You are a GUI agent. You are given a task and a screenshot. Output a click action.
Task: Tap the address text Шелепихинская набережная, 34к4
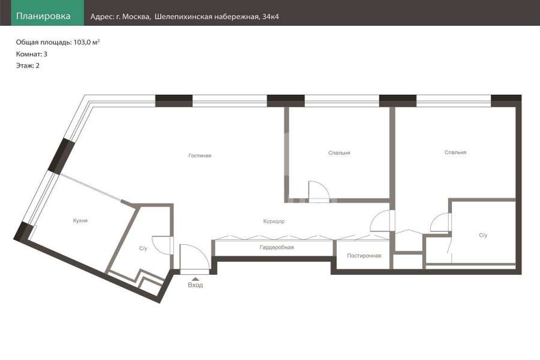[x=217, y=17]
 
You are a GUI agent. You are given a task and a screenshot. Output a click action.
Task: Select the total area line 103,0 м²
[x=58, y=43]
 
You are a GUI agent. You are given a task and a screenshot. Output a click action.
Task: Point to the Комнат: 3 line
[x=32, y=54]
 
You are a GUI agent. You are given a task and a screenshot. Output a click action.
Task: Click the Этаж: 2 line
[x=28, y=65]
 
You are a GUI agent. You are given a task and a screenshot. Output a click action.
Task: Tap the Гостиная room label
[x=200, y=156]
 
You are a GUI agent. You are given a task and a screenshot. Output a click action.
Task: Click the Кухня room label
[x=80, y=220]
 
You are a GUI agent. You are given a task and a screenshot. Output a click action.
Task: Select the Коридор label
[x=274, y=221]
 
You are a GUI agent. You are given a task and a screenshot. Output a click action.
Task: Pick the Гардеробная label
[x=277, y=247]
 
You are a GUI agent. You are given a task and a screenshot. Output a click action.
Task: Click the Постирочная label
[x=364, y=256]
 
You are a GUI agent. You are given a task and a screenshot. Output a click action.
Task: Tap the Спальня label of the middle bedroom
[x=339, y=153]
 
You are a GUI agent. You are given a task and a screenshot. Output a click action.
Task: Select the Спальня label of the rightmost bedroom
[x=455, y=152]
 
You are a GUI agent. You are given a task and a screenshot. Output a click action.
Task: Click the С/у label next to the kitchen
[x=143, y=248]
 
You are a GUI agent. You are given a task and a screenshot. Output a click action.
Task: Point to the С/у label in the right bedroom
[x=483, y=235]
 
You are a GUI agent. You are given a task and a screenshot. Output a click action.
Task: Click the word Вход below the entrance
[x=195, y=285]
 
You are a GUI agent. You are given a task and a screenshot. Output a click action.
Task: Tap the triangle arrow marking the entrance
[x=195, y=279]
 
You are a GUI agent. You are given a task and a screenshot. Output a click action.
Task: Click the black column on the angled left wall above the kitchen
[x=61, y=155]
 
